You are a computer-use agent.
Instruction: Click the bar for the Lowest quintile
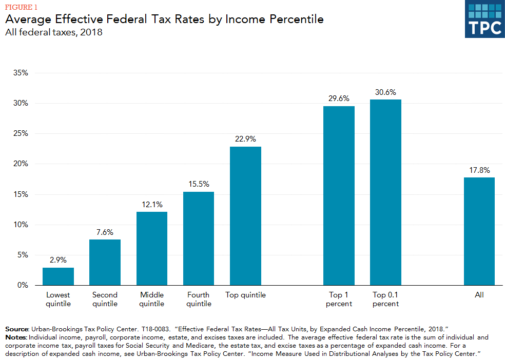pos(58,276)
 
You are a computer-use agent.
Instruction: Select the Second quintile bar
pos(105,262)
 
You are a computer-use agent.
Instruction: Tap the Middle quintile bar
pos(152,248)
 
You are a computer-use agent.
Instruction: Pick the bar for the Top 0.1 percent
pos(385,192)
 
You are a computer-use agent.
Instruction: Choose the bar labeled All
pos(479,231)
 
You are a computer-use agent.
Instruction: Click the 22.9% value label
pos(245,139)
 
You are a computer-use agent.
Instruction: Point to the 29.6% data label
pos(339,98)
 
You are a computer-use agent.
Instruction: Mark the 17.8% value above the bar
pos(479,170)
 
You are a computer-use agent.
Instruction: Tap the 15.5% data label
pos(199,184)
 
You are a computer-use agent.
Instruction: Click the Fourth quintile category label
pos(199,299)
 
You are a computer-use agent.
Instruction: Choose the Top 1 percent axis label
pos(339,299)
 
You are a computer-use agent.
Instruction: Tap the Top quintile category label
pos(245,295)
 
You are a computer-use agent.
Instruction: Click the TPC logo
pos(484,19)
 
